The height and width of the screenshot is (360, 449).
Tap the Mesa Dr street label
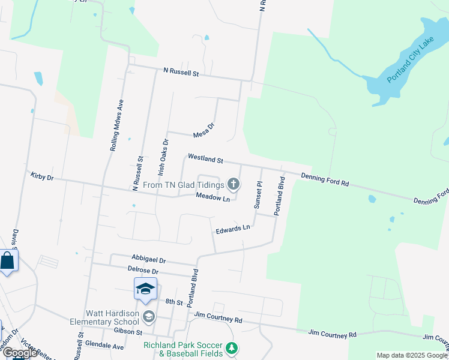coord(203,131)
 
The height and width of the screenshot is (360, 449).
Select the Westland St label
coord(205,158)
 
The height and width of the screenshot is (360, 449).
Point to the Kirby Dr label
coord(42,177)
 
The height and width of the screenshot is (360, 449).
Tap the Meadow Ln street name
coord(212,198)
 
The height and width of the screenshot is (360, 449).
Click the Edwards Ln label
coord(232,229)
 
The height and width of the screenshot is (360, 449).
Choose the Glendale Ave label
coord(104,346)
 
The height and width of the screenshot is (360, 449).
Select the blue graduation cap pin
coord(145,290)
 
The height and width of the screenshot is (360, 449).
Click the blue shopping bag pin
coord(7,262)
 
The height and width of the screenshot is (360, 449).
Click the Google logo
coord(19,353)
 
